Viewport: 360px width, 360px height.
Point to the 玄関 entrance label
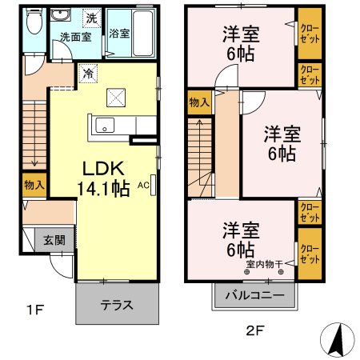(x=54, y=239)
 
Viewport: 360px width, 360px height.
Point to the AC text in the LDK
(x=144, y=185)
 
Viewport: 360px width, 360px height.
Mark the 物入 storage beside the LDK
(x=34, y=186)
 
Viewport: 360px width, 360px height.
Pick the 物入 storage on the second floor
(x=199, y=102)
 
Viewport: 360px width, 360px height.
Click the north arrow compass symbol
(x=338, y=339)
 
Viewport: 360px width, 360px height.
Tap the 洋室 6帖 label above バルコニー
(x=240, y=238)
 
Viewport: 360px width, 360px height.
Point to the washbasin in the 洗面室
(x=61, y=16)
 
